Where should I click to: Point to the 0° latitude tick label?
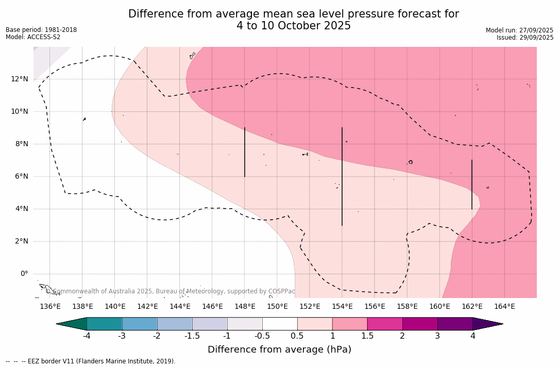24,273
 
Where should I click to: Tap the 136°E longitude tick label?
50,306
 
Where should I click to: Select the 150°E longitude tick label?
277,306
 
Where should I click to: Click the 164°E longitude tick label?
504,306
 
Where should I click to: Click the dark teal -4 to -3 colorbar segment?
105,324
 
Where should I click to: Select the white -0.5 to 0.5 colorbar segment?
280,324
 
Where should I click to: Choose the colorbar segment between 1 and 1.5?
350,324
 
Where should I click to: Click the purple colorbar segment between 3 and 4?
455,324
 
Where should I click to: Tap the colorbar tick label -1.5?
192,336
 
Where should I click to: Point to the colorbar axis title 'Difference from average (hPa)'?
279,349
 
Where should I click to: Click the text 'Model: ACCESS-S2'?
33,37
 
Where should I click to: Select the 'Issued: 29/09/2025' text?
524,38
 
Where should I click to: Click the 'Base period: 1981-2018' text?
41,30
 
